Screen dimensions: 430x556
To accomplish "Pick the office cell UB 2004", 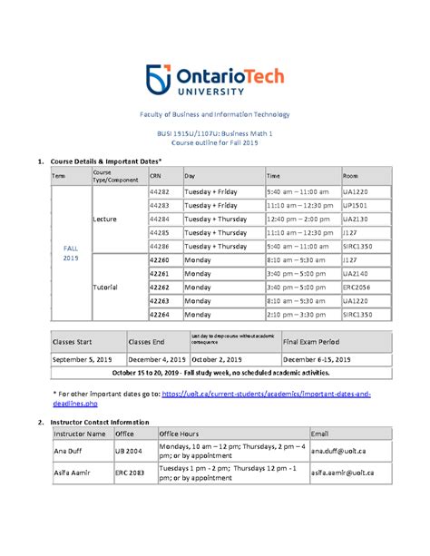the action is coord(129,450).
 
